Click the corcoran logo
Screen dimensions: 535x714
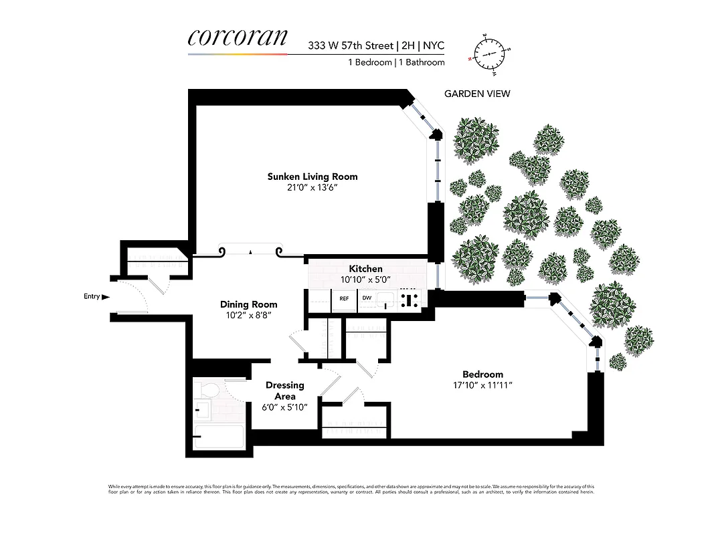238,37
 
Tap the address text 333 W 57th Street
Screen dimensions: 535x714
350,46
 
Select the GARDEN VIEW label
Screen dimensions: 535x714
477,94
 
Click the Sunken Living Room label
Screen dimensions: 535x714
313,177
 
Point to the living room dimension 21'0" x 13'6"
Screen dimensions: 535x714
313,188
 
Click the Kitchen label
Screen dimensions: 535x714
365,269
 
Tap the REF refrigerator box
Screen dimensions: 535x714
344,299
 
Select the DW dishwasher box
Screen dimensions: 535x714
367,299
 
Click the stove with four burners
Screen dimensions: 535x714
408,300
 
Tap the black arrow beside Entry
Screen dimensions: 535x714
106,296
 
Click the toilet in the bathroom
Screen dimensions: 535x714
208,389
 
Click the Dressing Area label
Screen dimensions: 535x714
285,391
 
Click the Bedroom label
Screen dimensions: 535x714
482,374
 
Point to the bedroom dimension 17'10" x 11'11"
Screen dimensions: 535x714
482,385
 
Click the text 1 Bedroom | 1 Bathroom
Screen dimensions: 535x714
396,62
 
